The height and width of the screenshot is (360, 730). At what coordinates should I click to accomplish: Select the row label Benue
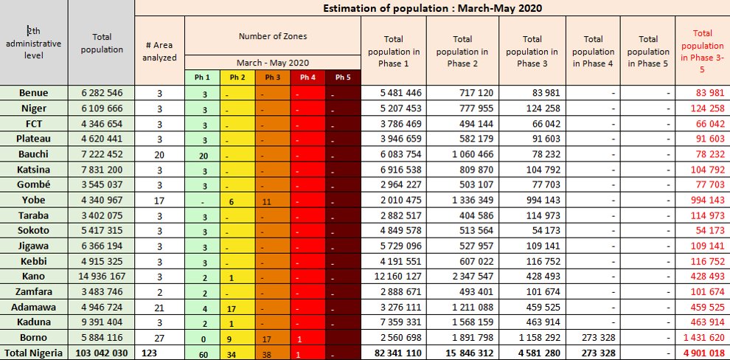(x=34, y=92)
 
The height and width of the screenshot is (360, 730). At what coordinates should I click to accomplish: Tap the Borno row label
(x=34, y=338)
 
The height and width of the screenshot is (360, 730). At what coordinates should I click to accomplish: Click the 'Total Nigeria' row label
(x=34, y=353)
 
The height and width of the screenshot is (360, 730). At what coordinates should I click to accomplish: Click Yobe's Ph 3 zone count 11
(x=272, y=200)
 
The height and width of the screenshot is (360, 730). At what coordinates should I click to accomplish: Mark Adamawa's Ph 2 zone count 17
(x=237, y=308)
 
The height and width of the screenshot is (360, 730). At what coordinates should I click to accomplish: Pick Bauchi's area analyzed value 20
(x=160, y=153)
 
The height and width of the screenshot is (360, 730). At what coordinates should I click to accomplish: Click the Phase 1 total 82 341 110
(x=392, y=353)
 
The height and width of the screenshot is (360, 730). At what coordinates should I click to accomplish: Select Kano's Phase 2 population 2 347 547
(x=463, y=276)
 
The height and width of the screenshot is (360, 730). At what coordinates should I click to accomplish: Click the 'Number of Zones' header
(x=272, y=35)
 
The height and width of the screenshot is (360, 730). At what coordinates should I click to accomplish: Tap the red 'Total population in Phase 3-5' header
(x=702, y=51)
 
